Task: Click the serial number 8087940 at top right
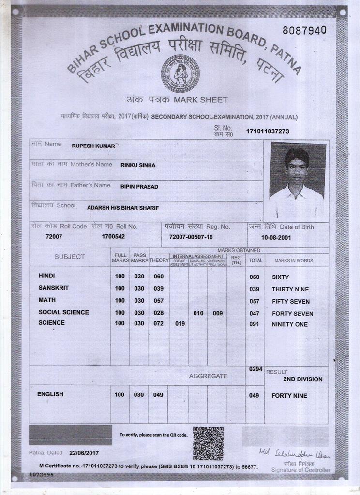tap(304, 30)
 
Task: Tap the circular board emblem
tap(180, 73)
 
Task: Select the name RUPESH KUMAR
tap(93, 145)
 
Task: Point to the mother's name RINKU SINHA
tap(138, 165)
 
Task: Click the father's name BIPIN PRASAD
tap(139, 186)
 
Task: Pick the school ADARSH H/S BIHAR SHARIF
tap(123, 208)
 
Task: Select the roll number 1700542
tap(113, 237)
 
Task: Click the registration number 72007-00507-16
tap(191, 237)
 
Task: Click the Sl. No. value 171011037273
tap(268, 131)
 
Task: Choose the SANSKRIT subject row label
tap(54, 288)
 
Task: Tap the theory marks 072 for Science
tap(158, 323)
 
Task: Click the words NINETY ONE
tap(289, 324)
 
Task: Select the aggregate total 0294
tap(255, 369)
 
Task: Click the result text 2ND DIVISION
tap(302, 379)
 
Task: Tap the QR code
tap(208, 443)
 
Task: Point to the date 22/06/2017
tap(84, 453)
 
